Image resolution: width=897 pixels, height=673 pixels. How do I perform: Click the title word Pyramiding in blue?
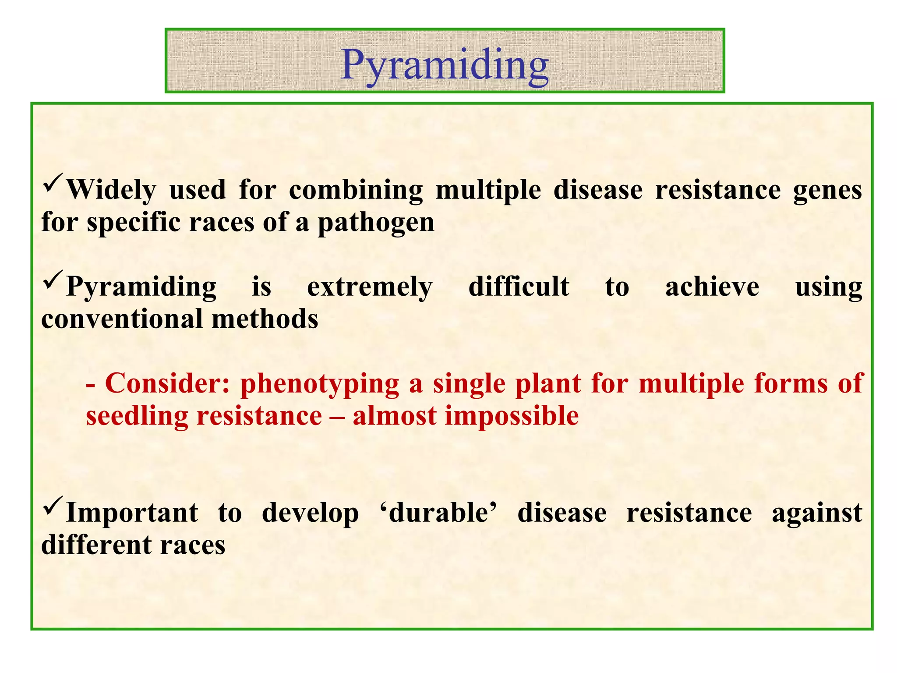tap(445, 65)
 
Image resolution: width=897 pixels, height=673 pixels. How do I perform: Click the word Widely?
tap(111, 190)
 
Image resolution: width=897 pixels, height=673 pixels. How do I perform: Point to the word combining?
tap(356, 190)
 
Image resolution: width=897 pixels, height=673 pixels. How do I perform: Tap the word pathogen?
tap(376, 223)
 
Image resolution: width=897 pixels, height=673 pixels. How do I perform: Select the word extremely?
tap(370, 287)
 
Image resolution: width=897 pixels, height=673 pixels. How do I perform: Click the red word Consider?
tap(167, 383)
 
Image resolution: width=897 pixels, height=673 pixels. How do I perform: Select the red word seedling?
tap(137, 416)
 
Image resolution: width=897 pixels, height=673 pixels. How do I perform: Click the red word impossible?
tap(512, 416)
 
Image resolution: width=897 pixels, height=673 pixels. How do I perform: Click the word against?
tap(816, 514)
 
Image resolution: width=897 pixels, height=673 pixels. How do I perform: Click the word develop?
tap(310, 514)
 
